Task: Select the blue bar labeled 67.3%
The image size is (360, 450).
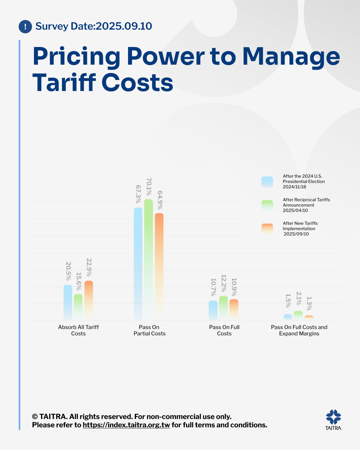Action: coord(138,263)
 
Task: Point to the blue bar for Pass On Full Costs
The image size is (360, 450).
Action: coord(213,310)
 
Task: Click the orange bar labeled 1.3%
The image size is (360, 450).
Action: coord(309,317)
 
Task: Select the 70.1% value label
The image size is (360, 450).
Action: coord(149,187)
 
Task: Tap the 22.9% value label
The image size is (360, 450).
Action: coord(89,267)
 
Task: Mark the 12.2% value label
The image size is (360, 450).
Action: coord(224,283)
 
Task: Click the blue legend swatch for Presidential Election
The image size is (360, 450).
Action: coord(267,182)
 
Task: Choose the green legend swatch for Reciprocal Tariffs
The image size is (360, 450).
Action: coord(267,206)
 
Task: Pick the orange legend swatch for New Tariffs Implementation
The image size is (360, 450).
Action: coord(267,229)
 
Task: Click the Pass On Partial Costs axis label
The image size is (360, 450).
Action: coord(149,330)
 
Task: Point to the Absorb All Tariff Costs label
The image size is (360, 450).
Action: coord(78,330)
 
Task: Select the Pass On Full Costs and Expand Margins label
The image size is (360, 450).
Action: coord(299,330)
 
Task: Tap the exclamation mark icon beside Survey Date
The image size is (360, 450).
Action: coord(25,27)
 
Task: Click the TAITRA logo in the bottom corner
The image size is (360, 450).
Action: coord(333,420)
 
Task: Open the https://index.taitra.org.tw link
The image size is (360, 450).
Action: coord(126,425)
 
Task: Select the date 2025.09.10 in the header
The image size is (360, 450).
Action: coord(124,26)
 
